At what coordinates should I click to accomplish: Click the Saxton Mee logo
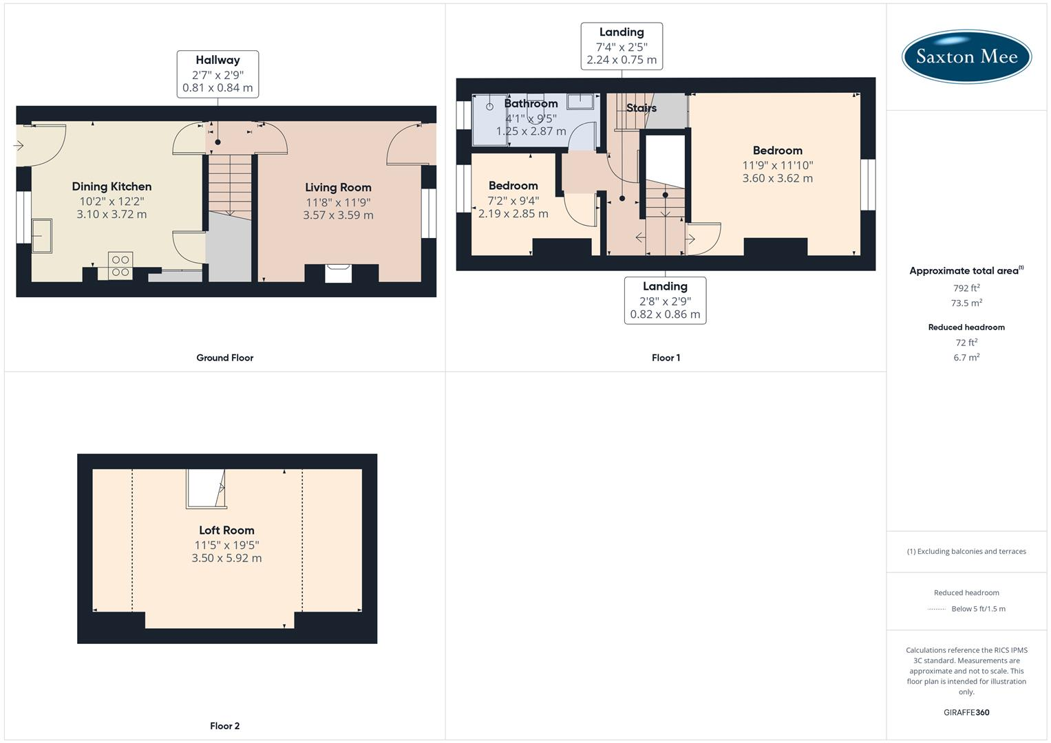[x=966, y=56]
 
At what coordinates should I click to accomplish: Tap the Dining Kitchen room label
[x=112, y=186]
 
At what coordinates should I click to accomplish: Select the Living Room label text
[x=338, y=187]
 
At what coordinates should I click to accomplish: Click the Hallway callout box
[x=217, y=74]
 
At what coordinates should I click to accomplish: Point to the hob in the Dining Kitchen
[x=120, y=266]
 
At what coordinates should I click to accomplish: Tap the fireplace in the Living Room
[x=339, y=273]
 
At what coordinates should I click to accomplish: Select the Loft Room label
[x=226, y=530]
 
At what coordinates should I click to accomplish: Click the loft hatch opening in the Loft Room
[x=205, y=489]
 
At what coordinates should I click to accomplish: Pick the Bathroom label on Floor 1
[x=531, y=104]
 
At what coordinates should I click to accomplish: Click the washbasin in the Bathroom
[x=580, y=102]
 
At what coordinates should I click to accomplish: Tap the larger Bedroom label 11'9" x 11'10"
[x=777, y=151]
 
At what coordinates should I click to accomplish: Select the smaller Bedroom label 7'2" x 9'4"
[x=513, y=186]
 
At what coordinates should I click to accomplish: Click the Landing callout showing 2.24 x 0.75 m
[x=622, y=46]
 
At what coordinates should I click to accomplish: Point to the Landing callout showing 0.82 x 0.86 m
[x=665, y=300]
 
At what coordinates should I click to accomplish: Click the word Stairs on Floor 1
[x=641, y=108]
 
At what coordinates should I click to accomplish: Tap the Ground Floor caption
[x=225, y=358]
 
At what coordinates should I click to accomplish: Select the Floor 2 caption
[x=225, y=726]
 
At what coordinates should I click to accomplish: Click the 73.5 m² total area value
[x=966, y=303]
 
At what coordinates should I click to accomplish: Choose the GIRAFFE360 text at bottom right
[x=966, y=712]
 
